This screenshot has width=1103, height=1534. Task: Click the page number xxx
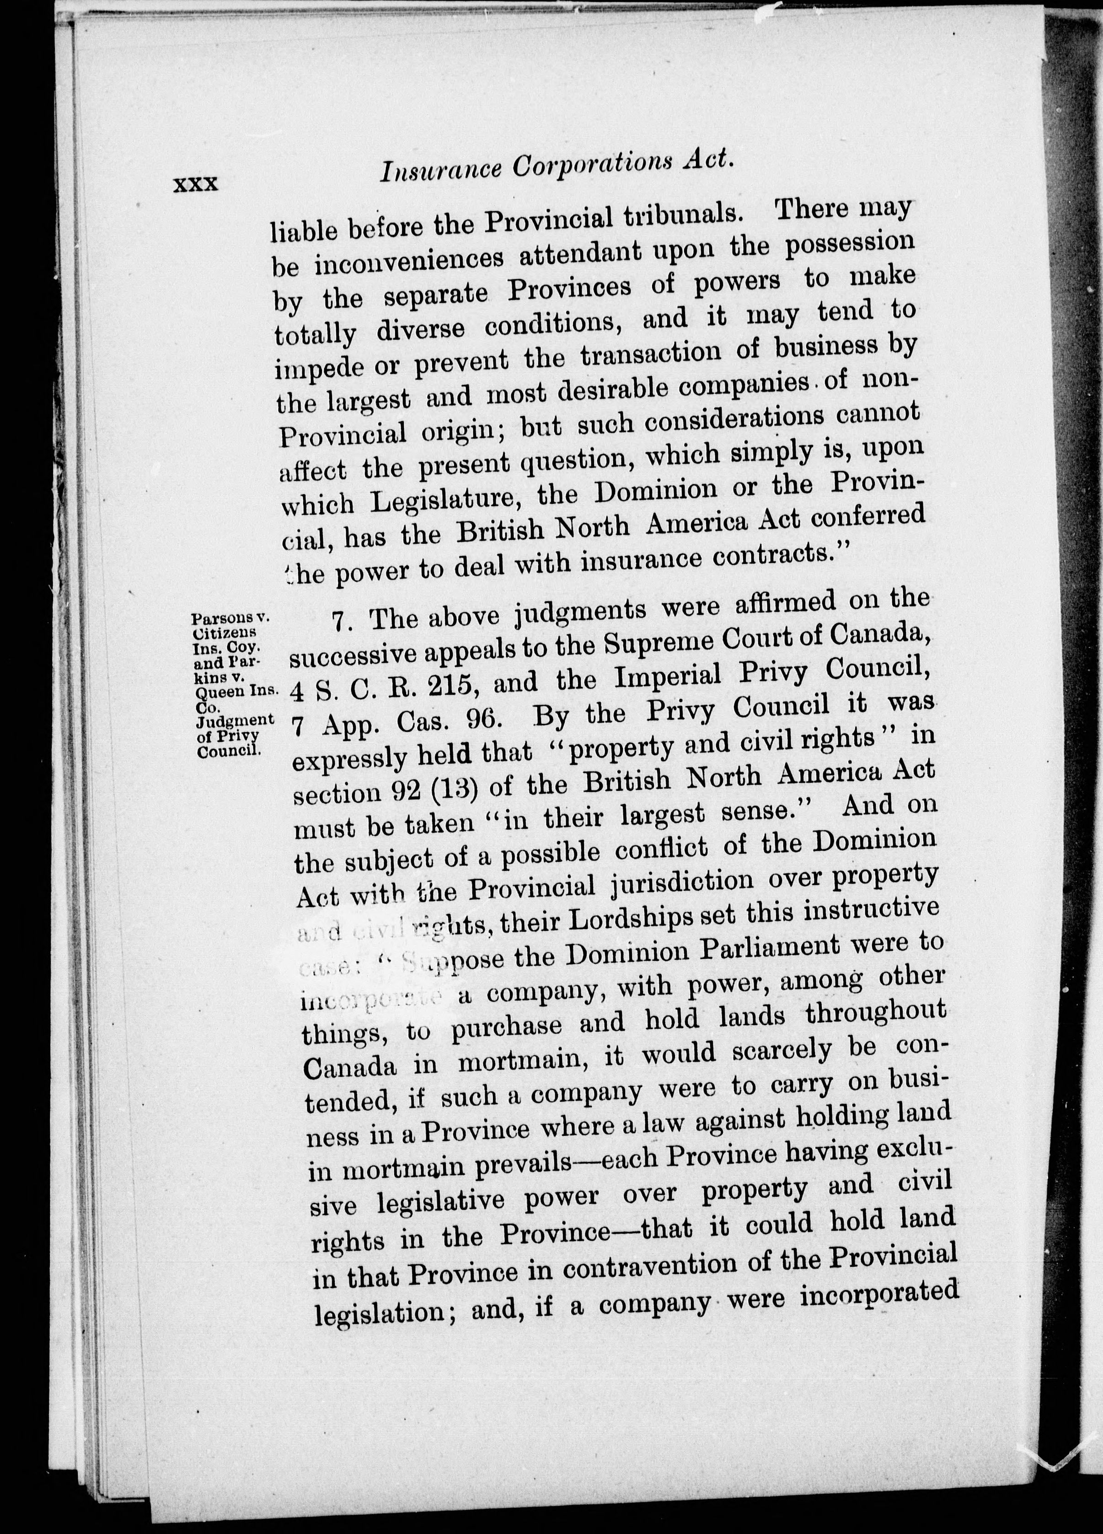click(196, 184)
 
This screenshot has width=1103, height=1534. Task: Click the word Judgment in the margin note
click(231, 718)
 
